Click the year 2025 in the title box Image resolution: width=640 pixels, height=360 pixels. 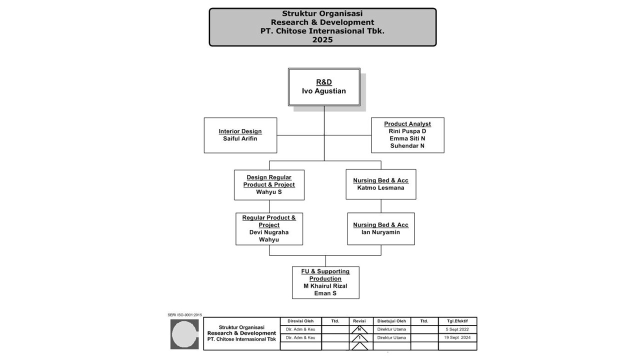tap(322, 40)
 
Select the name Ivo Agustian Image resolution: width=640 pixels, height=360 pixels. tap(324, 91)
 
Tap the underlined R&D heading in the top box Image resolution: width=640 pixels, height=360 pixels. tap(324, 82)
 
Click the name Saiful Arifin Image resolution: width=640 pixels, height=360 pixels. tap(240, 138)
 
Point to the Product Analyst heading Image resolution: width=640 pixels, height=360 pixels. tap(407, 124)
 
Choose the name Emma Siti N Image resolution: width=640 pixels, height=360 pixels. tap(407, 138)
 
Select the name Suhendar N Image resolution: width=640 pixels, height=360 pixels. tap(407, 146)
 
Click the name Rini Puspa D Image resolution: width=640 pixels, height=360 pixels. tap(407, 131)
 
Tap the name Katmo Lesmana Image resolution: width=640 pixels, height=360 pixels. tap(381, 188)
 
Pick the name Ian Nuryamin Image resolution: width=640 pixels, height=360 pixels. tap(381, 232)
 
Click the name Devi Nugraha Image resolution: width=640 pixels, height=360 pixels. tap(269, 232)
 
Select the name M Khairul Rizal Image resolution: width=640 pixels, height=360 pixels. tap(325, 286)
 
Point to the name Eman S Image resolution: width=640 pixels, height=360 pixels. tap(325, 293)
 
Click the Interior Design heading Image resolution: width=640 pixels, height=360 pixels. tap(240, 131)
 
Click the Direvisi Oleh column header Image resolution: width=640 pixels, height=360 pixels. tap(300, 321)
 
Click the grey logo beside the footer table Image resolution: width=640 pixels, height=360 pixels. tap(184, 334)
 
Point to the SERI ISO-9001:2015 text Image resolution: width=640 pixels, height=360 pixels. tap(184, 315)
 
